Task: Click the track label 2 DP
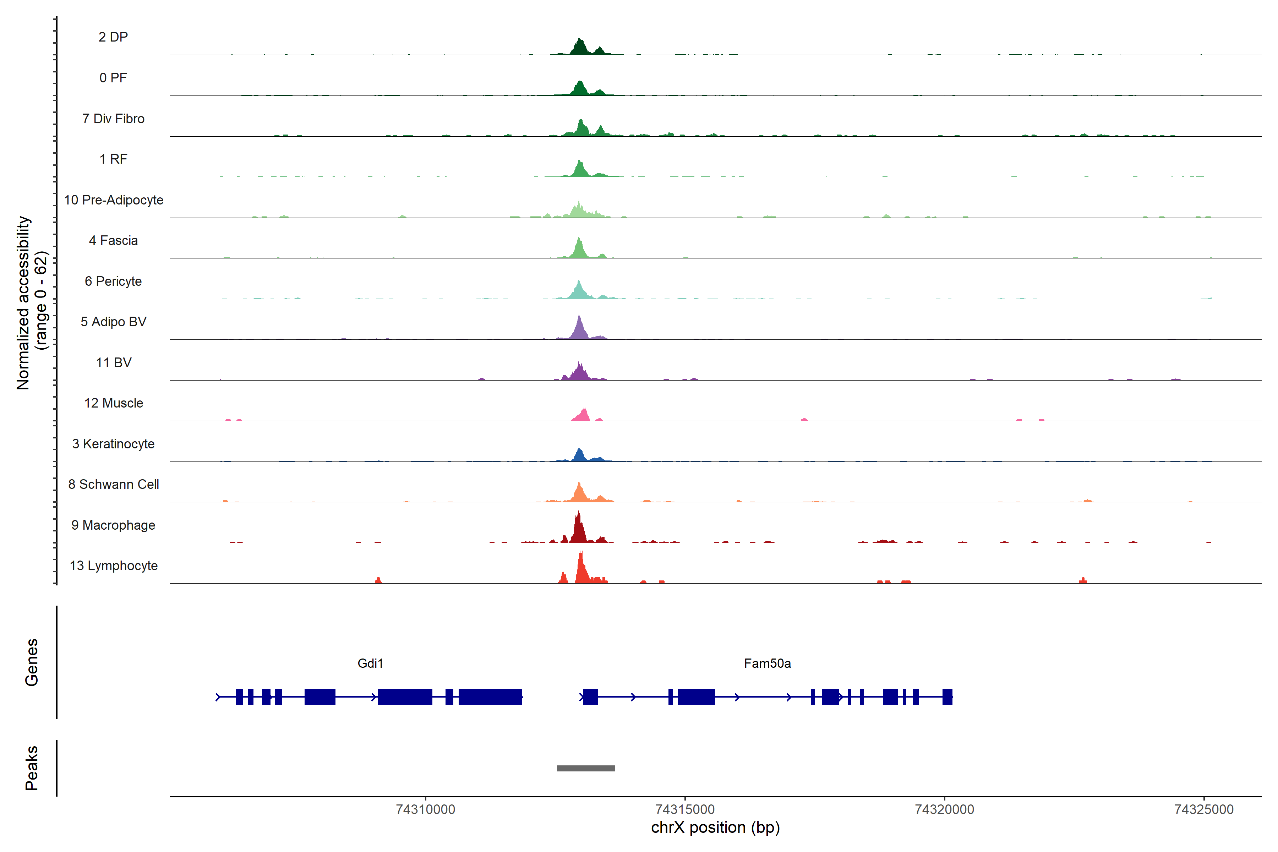click(113, 37)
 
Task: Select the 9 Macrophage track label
click(113, 525)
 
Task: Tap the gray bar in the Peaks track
click(586, 768)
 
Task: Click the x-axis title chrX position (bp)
click(715, 828)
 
